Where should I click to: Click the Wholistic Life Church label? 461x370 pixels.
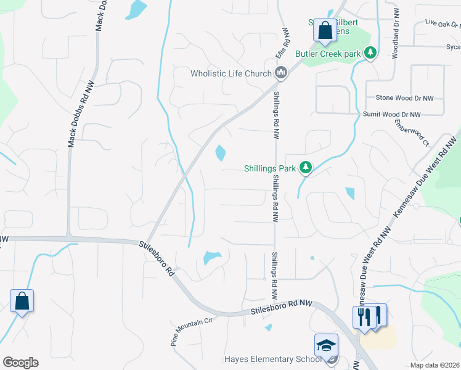click(x=230, y=74)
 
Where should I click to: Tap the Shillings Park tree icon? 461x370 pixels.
click(x=304, y=167)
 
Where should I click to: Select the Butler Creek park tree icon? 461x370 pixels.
click(x=370, y=54)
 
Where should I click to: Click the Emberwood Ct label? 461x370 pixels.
click(x=412, y=133)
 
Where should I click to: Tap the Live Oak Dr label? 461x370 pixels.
click(x=442, y=24)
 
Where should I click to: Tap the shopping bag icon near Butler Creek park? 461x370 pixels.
click(x=324, y=30)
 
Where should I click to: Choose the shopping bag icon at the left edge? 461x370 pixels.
click(x=22, y=301)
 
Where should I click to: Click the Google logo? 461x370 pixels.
click(x=20, y=363)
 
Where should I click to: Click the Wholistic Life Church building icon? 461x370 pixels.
click(x=281, y=73)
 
